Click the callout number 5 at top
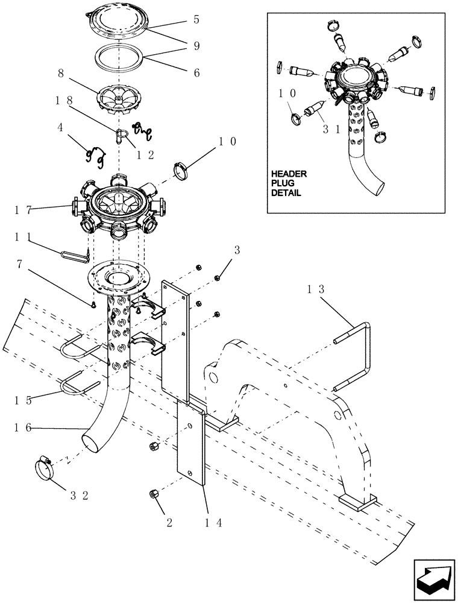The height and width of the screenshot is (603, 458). click(x=196, y=19)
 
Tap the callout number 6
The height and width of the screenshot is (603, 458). click(x=196, y=72)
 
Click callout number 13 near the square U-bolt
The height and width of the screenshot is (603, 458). click(x=318, y=289)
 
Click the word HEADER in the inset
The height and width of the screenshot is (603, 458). click(x=289, y=174)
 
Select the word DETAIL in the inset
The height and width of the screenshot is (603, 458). click(x=287, y=193)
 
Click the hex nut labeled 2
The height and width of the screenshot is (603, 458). click(x=152, y=494)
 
